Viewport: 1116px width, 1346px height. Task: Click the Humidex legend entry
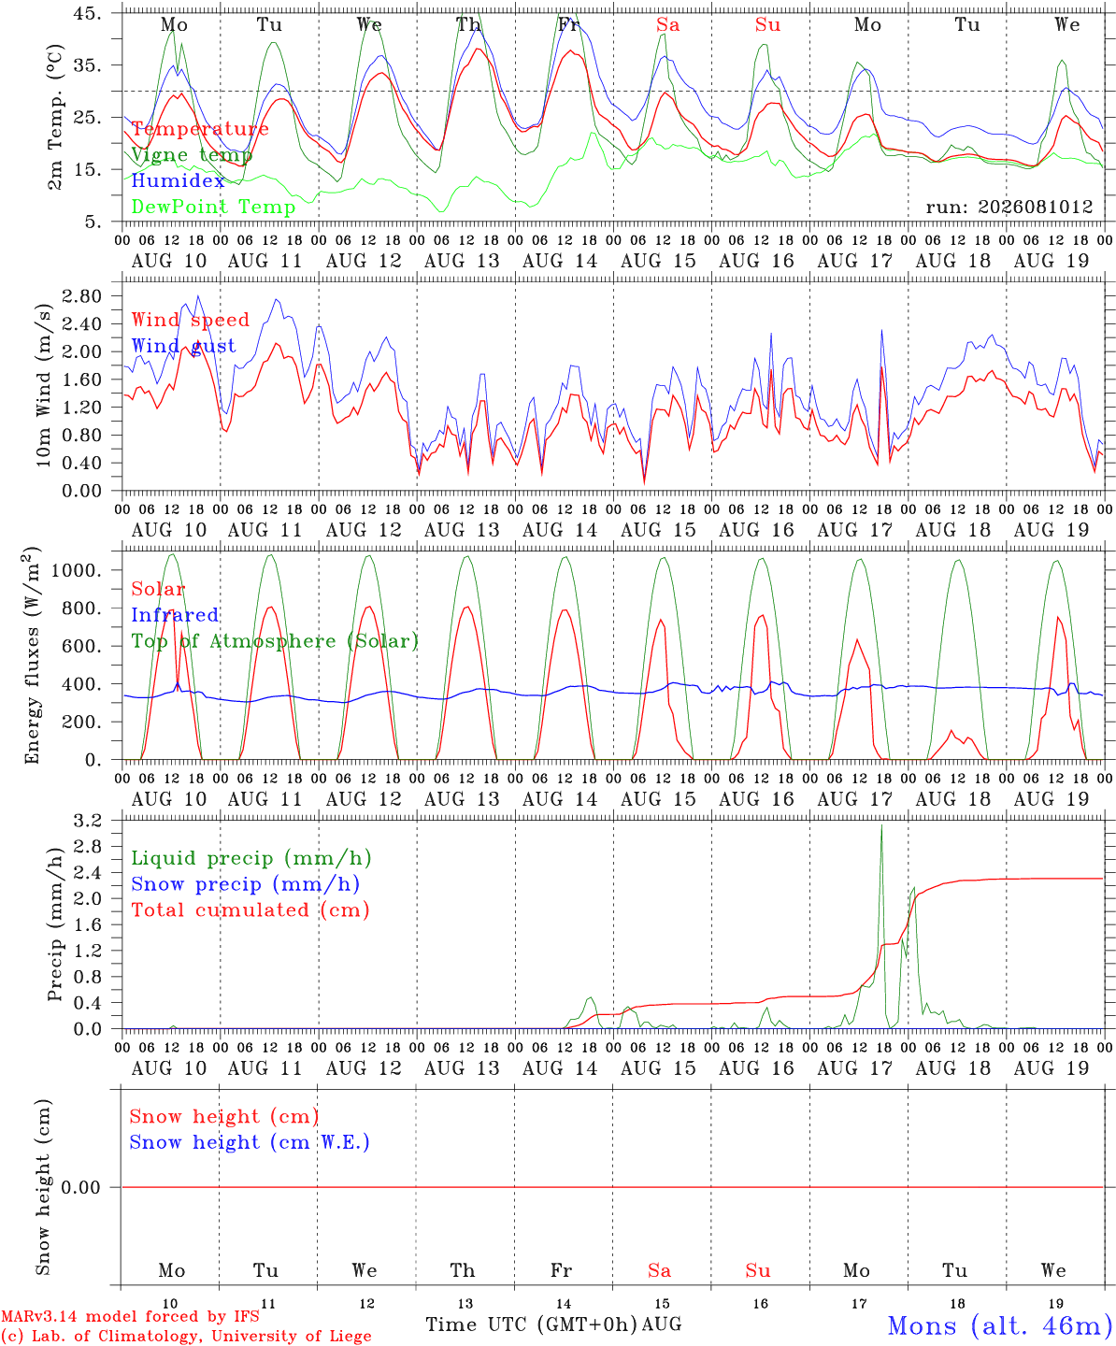point(178,180)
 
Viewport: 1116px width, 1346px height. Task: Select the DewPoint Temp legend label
point(213,207)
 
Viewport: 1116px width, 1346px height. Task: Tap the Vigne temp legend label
point(192,155)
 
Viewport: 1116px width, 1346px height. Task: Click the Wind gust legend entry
point(184,346)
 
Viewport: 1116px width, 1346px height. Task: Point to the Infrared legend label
point(175,615)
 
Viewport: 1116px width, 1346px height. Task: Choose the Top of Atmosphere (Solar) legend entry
point(276,641)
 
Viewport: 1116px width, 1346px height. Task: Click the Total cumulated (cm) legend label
point(250,910)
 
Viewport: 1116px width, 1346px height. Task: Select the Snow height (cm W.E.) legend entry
point(250,1142)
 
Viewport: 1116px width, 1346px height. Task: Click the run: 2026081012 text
point(1009,207)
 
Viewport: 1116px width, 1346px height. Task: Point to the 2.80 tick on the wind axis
point(82,296)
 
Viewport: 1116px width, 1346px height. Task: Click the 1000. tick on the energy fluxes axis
point(77,570)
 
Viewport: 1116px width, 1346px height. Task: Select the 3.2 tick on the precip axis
point(88,821)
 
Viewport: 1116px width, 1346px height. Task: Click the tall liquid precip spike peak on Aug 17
point(881,825)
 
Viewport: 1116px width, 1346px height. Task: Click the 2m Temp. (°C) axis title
point(55,118)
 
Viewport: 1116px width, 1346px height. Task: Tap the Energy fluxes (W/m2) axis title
point(32,655)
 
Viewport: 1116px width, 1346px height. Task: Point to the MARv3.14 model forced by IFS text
point(130,1316)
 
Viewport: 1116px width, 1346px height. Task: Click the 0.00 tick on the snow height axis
point(80,1187)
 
